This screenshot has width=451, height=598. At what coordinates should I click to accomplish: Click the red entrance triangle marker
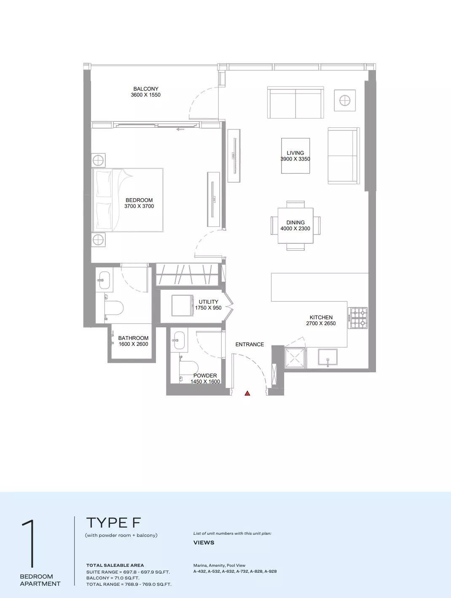click(x=247, y=393)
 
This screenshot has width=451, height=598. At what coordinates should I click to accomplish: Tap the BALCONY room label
click(x=145, y=89)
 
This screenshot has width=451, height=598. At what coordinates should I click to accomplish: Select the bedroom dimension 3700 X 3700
click(x=139, y=206)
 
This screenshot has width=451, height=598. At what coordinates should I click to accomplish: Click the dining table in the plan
click(x=295, y=226)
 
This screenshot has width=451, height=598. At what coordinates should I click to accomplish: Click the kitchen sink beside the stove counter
click(x=328, y=357)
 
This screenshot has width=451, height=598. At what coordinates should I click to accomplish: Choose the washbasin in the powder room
click(x=179, y=340)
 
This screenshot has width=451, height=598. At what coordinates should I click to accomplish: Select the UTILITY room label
click(x=208, y=302)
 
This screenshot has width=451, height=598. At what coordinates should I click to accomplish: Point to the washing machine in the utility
click(x=183, y=305)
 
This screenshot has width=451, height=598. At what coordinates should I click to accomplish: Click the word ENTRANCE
click(x=250, y=345)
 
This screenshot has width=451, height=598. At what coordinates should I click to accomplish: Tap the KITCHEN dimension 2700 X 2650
click(x=321, y=323)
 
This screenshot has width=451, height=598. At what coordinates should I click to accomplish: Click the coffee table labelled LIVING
click(x=295, y=156)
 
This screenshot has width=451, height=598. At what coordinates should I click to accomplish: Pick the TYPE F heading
click(x=113, y=523)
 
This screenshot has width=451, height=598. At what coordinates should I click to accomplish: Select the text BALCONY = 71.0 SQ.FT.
click(x=113, y=578)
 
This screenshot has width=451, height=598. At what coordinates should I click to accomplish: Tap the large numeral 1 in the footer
click(x=30, y=544)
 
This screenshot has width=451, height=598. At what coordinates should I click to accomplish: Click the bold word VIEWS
click(x=204, y=542)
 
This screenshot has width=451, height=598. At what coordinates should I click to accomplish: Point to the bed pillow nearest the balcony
click(x=104, y=183)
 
